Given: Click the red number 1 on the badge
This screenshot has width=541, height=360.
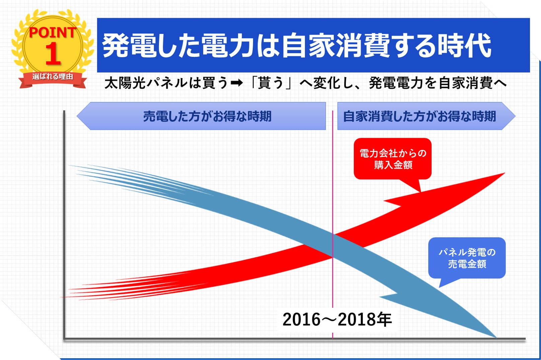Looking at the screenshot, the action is coord(53,54).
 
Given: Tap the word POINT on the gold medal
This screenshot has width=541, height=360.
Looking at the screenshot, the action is coord(53,32).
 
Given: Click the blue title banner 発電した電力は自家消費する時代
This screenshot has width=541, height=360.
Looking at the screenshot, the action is coord(313,45).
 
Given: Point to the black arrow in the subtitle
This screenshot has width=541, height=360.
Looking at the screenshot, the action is coord(236,83).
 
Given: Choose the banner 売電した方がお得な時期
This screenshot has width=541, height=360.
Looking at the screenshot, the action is coord(201,116).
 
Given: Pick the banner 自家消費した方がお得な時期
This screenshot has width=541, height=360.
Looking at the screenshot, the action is coord(426,116).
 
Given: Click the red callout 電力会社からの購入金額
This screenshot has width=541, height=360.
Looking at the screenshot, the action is coord(393,159).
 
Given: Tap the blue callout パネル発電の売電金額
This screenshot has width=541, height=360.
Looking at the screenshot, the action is coord(467,258).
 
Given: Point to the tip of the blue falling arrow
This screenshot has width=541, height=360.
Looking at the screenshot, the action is coord(496,338).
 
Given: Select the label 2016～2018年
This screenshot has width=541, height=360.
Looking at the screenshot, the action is coord(337,320).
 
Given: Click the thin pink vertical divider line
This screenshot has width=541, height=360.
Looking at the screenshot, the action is coord(332,224).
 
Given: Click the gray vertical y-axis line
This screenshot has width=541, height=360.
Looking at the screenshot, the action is coord(64,224).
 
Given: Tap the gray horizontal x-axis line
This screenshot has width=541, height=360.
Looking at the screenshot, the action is coord(295,339).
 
